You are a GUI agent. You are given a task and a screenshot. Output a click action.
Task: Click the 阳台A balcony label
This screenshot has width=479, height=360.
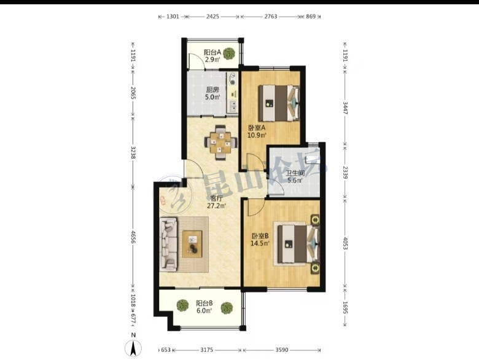point(212,52)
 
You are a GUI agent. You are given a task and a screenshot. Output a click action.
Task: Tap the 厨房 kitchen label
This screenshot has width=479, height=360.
point(212,90)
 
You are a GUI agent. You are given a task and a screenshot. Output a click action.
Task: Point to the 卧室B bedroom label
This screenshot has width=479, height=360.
point(260,236)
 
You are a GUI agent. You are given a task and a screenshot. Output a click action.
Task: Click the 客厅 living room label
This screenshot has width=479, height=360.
point(217,198)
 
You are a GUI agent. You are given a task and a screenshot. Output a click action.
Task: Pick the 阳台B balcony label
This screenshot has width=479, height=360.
point(204,303)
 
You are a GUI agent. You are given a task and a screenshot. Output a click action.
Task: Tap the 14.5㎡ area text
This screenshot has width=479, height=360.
point(260,243)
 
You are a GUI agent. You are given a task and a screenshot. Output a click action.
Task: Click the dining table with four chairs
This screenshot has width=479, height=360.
point(220,143)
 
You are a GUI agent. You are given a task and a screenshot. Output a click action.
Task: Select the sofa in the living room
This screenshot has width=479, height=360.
point(168,244)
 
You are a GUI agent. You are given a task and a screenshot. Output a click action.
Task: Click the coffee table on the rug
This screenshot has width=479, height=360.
point(192,244)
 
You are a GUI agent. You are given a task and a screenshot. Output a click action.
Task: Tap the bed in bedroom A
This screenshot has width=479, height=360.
point(279,103)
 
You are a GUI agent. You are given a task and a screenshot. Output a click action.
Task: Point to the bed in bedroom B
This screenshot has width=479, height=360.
point(298,244)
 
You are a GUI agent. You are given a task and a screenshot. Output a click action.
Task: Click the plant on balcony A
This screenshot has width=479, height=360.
point(229,53)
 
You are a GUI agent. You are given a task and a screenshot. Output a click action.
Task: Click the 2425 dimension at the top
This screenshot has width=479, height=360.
point(212,17)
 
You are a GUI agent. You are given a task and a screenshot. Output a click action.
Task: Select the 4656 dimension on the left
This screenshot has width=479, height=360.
point(133,237)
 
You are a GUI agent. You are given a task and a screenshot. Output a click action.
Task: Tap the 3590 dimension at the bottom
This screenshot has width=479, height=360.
point(281,350)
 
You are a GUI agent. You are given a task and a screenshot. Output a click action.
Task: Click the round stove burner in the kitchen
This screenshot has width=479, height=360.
point(233,82)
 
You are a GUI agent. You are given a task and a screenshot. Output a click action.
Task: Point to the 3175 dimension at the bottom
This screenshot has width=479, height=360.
point(206,350)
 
